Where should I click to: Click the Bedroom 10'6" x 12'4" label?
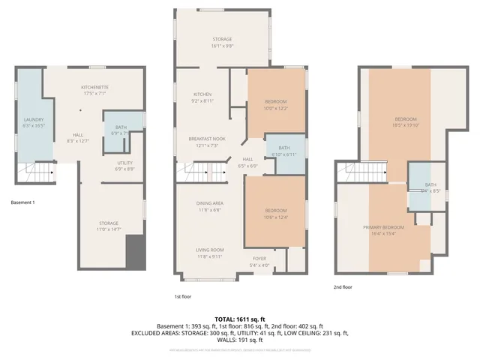coord(276,214)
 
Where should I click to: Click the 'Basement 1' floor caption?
coord(23,202)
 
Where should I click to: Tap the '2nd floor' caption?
coord(344,286)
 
